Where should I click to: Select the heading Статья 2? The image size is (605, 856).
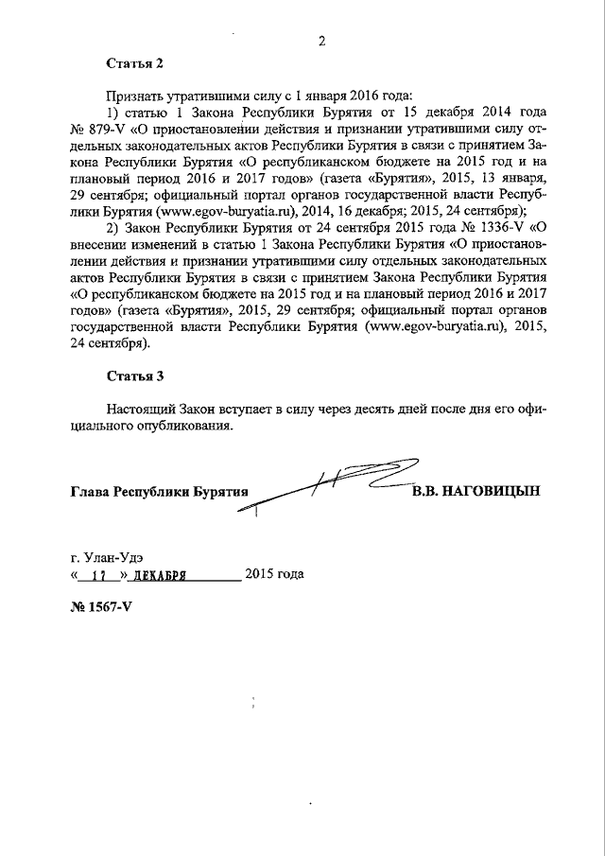(x=134, y=63)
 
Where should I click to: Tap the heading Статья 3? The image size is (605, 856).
(x=134, y=376)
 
